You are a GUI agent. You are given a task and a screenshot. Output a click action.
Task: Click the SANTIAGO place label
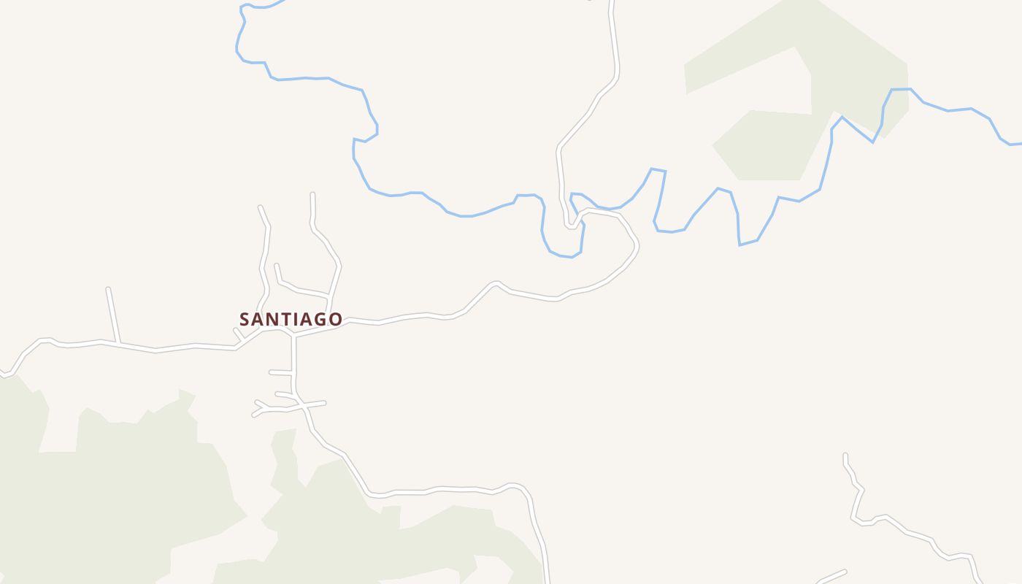291,319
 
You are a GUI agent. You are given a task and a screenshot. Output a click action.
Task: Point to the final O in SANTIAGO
335,319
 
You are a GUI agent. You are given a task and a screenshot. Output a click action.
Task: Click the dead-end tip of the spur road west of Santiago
108,290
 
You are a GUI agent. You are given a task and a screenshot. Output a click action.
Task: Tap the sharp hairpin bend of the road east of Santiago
570,226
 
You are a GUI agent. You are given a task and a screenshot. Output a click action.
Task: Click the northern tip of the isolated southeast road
845,455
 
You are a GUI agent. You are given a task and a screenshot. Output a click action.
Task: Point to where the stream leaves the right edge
1020,144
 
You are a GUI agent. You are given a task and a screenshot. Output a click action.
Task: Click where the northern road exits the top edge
612,2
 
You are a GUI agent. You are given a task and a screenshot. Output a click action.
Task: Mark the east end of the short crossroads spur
324,402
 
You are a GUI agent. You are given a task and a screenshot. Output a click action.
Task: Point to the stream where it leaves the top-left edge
281,1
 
